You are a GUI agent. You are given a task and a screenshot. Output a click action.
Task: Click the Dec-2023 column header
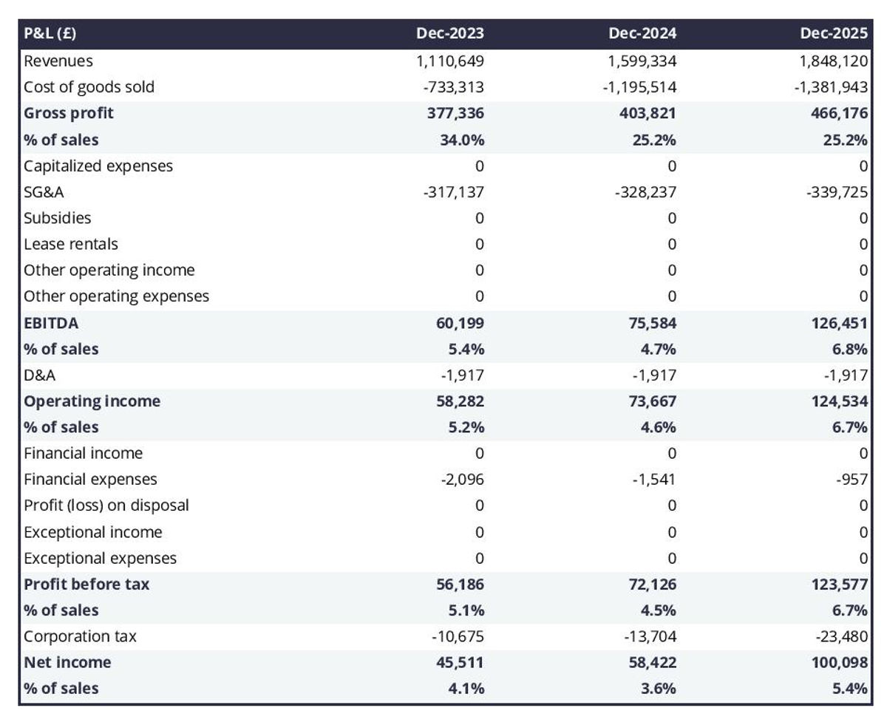click(449, 33)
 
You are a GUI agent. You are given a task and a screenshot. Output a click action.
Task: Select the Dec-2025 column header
click(834, 33)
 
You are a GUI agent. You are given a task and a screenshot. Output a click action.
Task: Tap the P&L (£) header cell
click(50, 33)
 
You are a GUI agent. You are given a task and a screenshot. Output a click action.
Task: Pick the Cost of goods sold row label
click(89, 86)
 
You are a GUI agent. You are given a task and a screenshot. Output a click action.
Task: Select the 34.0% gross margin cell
click(462, 140)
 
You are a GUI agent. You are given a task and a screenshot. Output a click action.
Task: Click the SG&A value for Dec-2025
click(837, 192)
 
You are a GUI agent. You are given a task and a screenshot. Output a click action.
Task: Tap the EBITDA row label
click(51, 322)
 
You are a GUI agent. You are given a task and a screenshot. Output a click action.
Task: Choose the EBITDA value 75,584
click(648, 322)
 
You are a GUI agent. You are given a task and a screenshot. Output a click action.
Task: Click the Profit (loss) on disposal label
click(106, 505)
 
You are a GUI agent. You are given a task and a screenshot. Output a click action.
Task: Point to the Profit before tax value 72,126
click(648, 584)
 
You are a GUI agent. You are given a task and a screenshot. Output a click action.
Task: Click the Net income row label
click(67, 662)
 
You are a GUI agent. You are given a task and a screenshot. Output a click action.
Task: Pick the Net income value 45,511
click(459, 662)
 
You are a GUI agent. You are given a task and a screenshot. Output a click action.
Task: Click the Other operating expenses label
click(116, 296)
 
